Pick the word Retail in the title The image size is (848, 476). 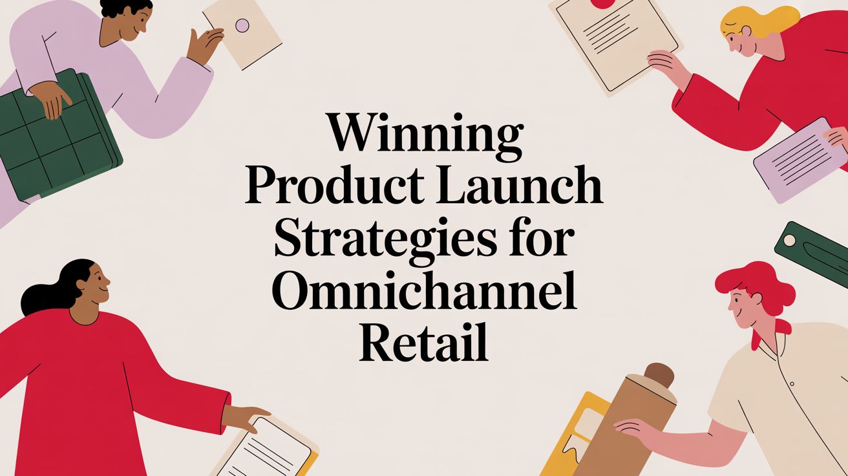424,346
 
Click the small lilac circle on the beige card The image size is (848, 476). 242,26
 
